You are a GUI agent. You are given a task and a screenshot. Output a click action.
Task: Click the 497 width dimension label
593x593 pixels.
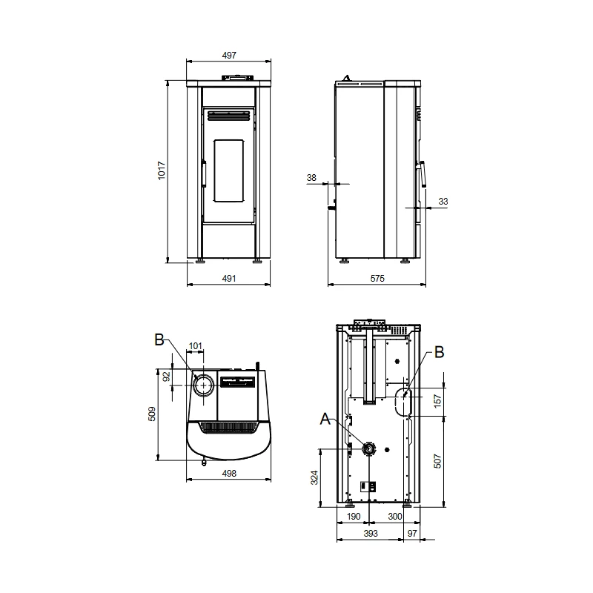[229, 55]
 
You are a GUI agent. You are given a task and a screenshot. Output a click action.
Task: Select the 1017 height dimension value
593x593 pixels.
[162, 170]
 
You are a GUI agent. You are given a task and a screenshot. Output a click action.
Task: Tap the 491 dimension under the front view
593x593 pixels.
[229, 279]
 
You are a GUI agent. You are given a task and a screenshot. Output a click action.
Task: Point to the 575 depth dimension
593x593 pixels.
[377, 279]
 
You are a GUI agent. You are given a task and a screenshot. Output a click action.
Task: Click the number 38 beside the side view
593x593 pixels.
[311, 177]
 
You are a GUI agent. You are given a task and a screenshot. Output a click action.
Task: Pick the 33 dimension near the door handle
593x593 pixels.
[443, 201]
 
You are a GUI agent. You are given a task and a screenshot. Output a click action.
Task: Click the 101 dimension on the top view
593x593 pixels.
[195, 345]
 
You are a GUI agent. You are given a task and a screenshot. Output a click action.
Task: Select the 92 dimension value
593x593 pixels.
[166, 377]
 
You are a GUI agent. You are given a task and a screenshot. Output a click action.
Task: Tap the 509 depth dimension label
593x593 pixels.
[152, 414]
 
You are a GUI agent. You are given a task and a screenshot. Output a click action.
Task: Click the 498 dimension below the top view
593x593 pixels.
[229, 473]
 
